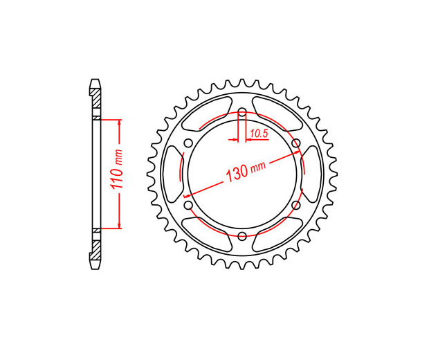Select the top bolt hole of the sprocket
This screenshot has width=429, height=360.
coord(242,112)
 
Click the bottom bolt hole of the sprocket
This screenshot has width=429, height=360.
coord(242,235)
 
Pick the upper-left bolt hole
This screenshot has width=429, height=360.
coord(188,143)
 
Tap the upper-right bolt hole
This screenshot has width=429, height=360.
coord(295,143)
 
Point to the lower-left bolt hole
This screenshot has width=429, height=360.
coord(188,205)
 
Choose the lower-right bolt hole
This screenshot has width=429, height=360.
coord(295,205)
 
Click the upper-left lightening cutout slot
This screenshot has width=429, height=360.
coord(207,113)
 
